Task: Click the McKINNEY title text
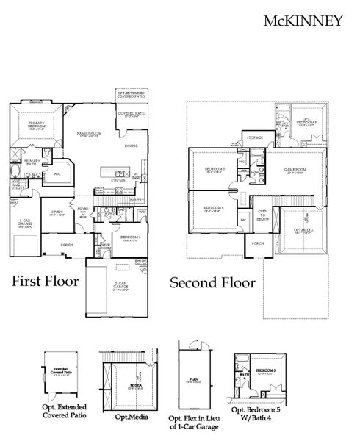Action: pyautogui.click(x=302, y=21)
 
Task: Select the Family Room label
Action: pyautogui.click(x=90, y=133)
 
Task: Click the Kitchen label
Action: pyautogui.click(x=117, y=180)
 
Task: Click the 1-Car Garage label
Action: pyautogui.click(x=24, y=224)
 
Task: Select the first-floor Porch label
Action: pyautogui.click(x=65, y=245)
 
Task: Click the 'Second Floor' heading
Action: pyautogui.click(x=212, y=282)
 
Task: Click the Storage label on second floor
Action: pyautogui.click(x=254, y=137)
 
